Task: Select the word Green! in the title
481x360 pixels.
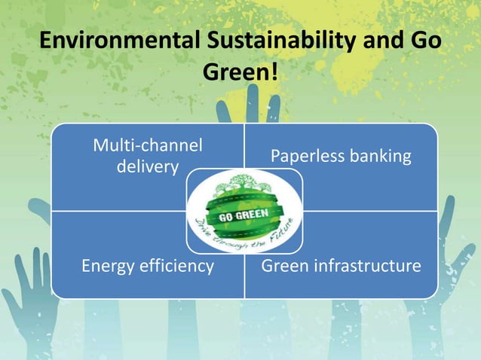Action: pyautogui.click(x=240, y=72)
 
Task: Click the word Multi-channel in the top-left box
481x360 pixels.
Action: pyautogui.click(x=147, y=145)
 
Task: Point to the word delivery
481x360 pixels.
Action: pyautogui.click(x=147, y=165)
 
